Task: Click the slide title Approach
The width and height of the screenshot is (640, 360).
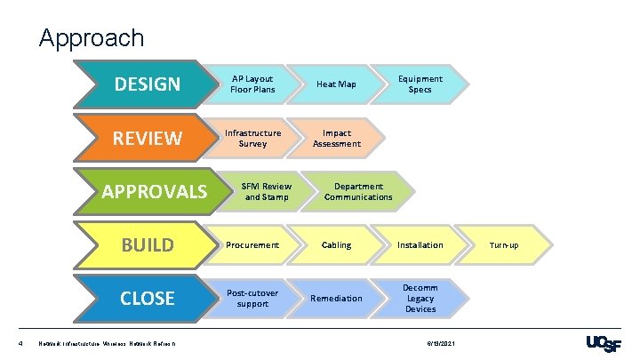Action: click(x=92, y=38)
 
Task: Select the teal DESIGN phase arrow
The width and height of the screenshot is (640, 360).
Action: click(x=148, y=84)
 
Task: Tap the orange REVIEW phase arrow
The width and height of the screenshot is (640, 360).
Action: click(x=148, y=138)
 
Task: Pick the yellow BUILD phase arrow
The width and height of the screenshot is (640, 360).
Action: click(x=148, y=244)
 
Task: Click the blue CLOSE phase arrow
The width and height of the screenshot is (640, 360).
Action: click(x=148, y=298)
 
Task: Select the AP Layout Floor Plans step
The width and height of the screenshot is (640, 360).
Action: click(x=252, y=84)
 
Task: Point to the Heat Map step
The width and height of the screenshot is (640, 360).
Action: click(x=336, y=84)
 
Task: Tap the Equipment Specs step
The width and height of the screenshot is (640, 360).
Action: click(x=420, y=84)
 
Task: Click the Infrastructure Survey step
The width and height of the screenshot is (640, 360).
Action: click(x=252, y=138)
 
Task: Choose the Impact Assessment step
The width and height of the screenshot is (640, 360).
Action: click(x=336, y=138)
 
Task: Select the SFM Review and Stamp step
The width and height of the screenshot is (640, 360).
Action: click(x=265, y=191)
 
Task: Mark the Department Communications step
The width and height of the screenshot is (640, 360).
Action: click(x=358, y=191)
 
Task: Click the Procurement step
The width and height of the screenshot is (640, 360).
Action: click(x=252, y=244)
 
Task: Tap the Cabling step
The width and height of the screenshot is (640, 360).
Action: click(x=336, y=244)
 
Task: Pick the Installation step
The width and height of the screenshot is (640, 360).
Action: click(x=420, y=244)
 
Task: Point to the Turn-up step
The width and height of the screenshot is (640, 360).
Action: click(x=504, y=244)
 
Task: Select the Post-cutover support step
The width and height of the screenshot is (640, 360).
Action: click(x=252, y=298)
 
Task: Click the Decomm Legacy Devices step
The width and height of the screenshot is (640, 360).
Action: click(x=420, y=298)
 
